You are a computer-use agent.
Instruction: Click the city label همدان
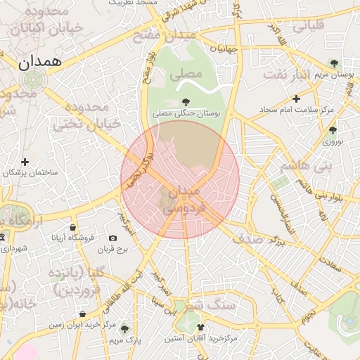pos(40,62)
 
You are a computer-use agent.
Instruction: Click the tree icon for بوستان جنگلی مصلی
pos(186,101)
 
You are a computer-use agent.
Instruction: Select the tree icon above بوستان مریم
pos(334,64)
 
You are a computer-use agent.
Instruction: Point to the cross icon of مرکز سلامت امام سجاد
pos(296,99)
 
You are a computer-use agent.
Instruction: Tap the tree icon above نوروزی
pos(333,130)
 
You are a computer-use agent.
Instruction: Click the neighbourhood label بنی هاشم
pos(304,167)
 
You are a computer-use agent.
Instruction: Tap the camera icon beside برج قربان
pos(112,238)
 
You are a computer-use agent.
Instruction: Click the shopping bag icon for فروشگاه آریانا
pos(72,227)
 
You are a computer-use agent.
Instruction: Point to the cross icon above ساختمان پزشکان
pos(25,162)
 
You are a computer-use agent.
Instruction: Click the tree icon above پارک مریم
pos(124,328)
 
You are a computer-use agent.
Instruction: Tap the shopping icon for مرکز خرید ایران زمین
pos(83,314)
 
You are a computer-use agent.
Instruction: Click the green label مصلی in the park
pos(189,74)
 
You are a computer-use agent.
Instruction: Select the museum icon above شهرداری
pos(4,238)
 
